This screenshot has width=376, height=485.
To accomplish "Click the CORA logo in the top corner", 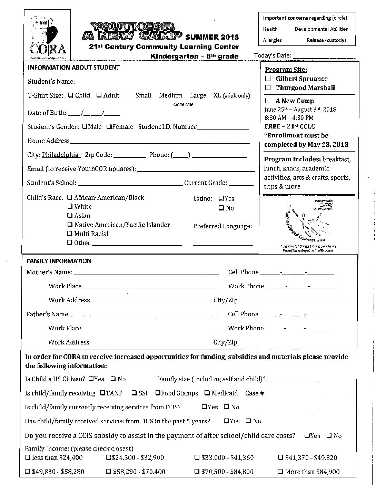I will coord(47,34).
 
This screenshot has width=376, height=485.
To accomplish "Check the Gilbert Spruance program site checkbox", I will coord(268,79).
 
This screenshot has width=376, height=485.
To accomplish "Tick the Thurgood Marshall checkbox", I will coord(268,87).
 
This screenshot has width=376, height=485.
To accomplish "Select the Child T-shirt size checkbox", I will coord(70,95).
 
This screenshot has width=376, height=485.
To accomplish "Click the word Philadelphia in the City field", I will coord(60,155).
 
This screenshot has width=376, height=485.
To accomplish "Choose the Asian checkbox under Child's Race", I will coord(70,215).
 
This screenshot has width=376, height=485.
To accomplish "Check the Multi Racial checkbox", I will coord(70,234).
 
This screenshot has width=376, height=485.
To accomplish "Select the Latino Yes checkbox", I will coord(221,198).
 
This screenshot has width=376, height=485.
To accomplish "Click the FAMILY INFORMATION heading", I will coord(59,261).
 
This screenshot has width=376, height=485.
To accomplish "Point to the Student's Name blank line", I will coord(166,82).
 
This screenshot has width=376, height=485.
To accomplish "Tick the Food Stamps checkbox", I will coord(157,393).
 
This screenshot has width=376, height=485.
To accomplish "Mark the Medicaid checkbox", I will coord(207,393).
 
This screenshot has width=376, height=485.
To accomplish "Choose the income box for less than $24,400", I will coord(27,457).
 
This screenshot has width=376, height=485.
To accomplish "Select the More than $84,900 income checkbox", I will coord(280,472).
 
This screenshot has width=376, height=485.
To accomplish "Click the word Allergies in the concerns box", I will coord(272,40).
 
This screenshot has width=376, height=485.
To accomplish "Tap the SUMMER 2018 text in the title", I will coord(212,37).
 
